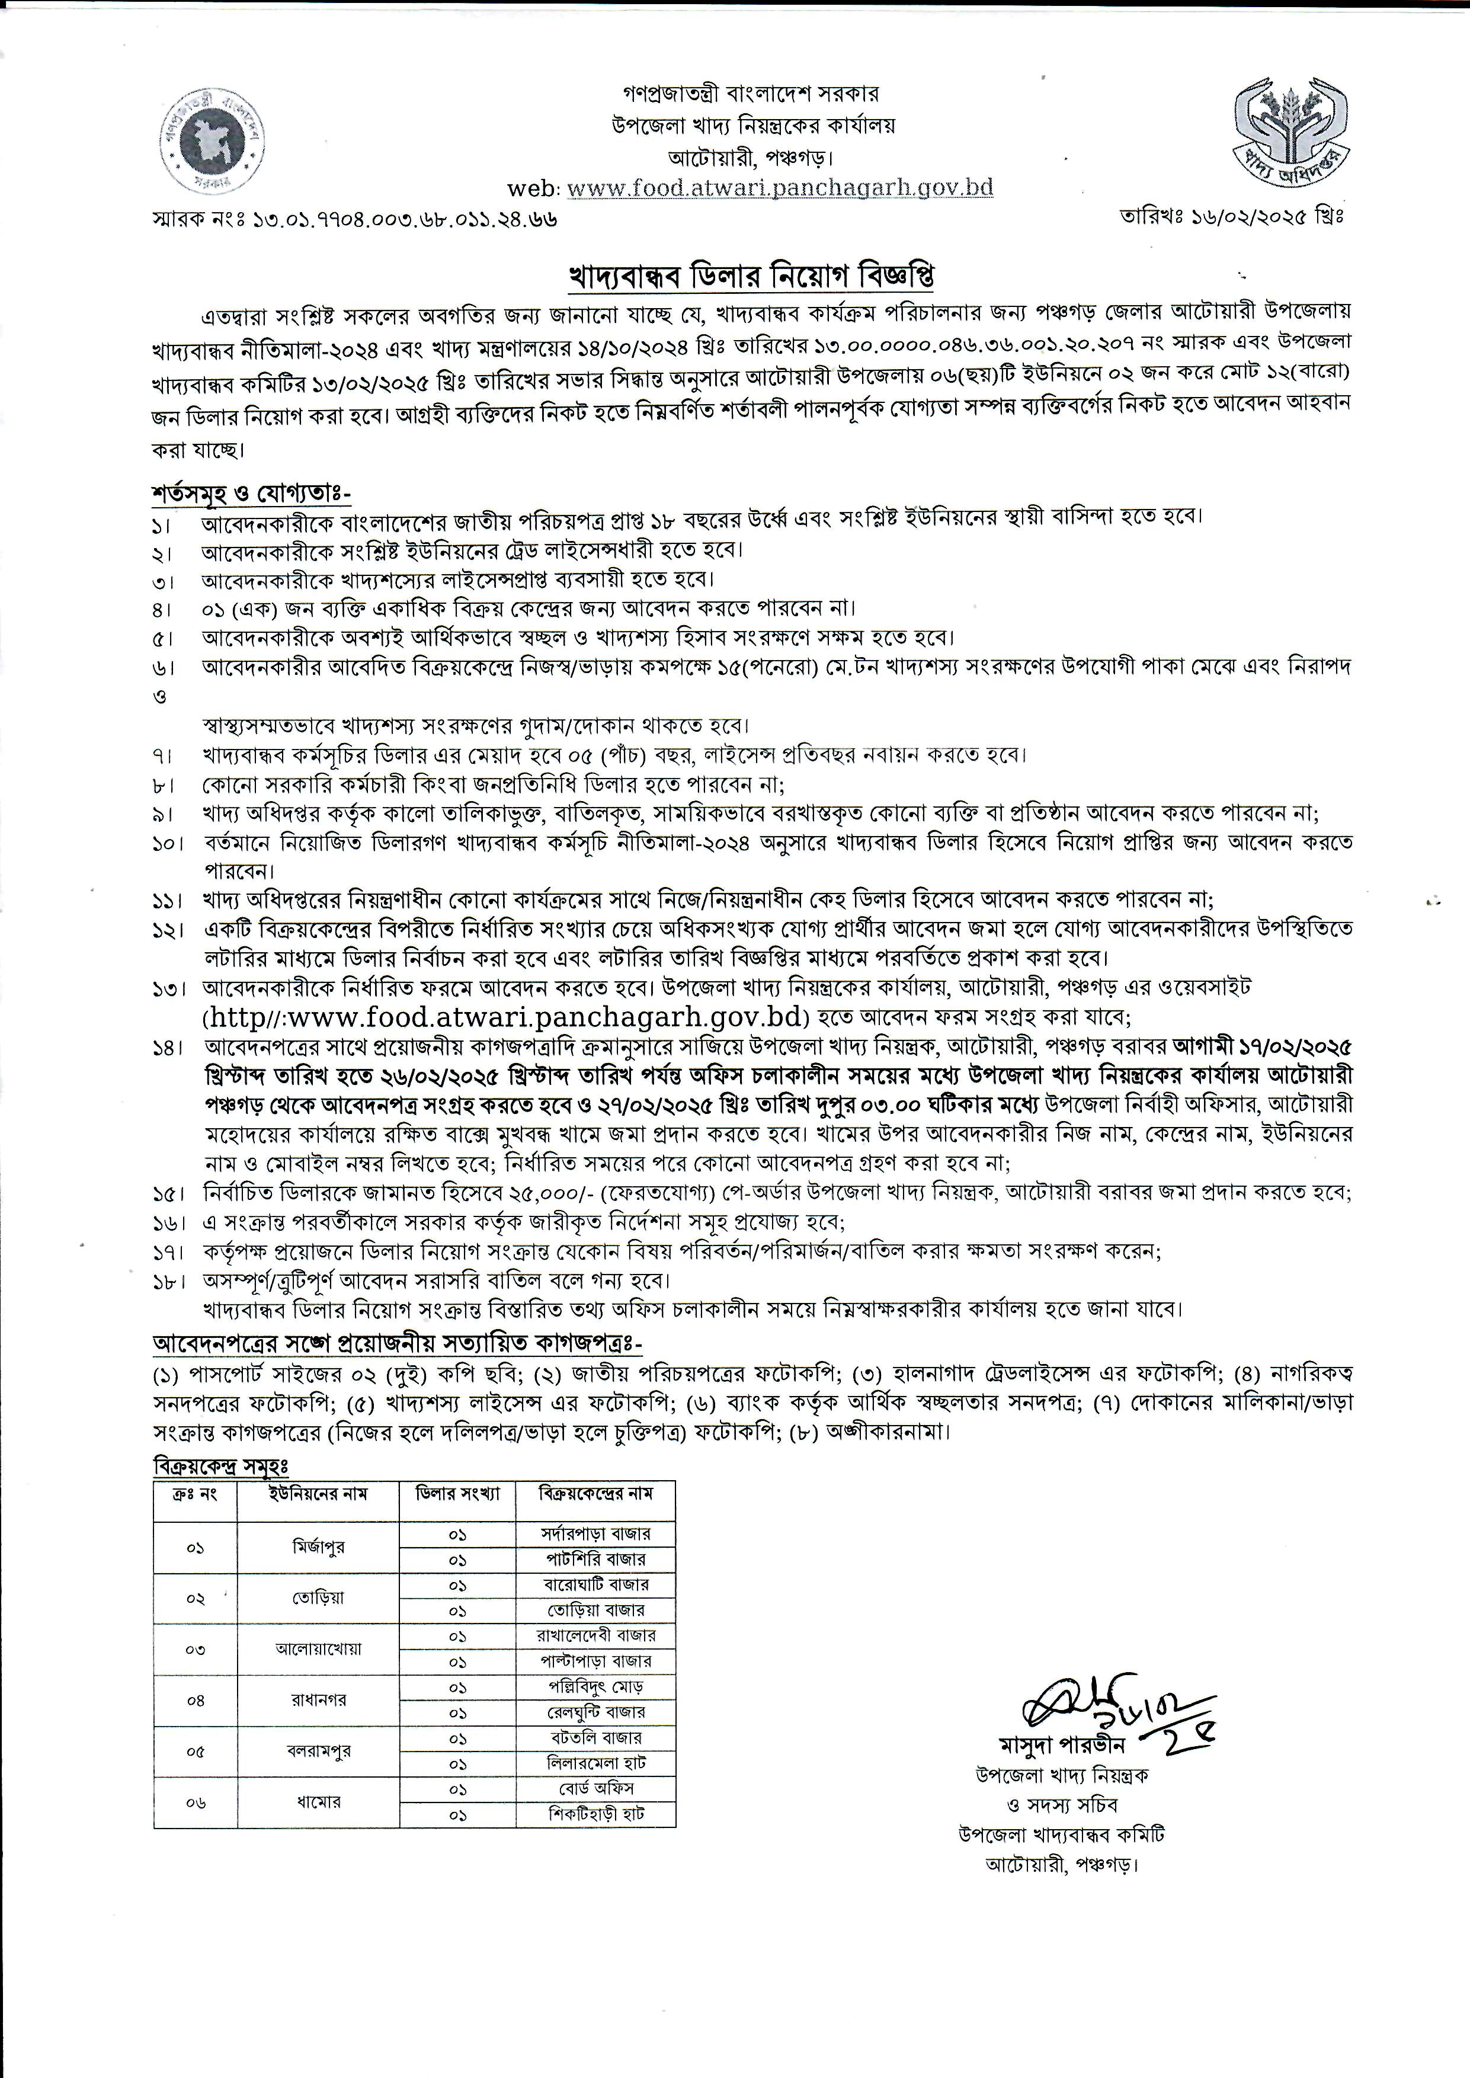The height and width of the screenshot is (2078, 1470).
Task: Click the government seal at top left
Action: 214,143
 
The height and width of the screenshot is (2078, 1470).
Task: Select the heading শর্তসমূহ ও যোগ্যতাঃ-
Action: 251,493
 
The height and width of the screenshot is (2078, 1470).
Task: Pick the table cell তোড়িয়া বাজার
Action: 595,1610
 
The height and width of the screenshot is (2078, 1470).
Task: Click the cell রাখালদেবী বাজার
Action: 595,1635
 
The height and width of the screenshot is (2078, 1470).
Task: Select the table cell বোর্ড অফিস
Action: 595,1788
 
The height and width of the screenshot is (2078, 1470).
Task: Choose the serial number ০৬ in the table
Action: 196,1801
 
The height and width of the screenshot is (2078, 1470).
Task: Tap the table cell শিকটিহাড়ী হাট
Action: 595,1814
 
